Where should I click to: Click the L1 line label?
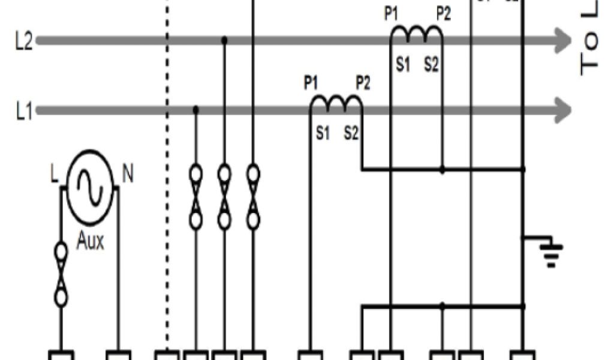(x=24, y=112)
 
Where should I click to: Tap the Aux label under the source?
(x=90, y=242)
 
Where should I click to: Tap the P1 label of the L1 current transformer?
(x=310, y=83)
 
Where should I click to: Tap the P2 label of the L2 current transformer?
(x=443, y=14)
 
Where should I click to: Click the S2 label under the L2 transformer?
(x=431, y=65)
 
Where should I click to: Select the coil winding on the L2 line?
(x=416, y=35)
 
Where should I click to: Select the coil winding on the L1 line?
(x=336, y=104)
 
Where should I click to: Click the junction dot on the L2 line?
(x=224, y=41)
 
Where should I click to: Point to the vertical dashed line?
(x=167, y=180)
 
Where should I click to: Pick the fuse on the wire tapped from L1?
(x=195, y=197)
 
